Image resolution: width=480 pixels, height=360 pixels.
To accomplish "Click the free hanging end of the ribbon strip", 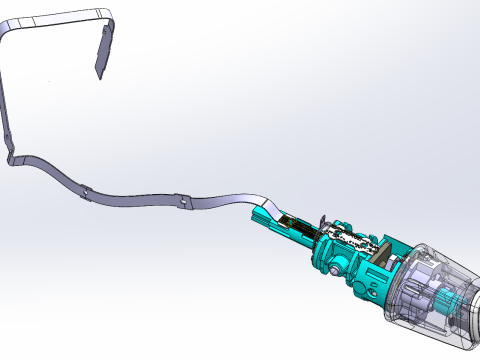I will click(x=100, y=70).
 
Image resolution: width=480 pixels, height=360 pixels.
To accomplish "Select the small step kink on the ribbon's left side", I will click(x=14, y=157).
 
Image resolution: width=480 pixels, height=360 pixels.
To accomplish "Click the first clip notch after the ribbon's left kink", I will click(x=87, y=191).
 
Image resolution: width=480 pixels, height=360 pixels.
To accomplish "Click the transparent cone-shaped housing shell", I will click(x=440, y=270).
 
